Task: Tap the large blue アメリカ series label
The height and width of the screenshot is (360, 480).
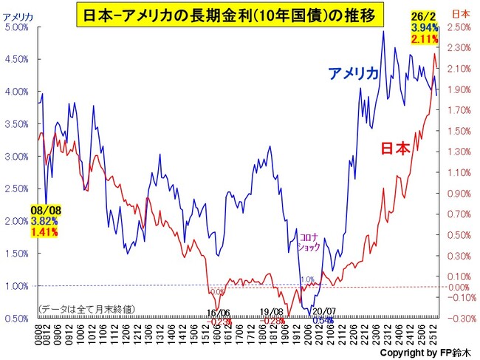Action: click(354, 73)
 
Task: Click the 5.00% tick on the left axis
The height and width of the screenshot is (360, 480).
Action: click(17, 27)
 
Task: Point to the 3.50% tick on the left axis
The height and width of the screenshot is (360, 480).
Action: click(17, 124)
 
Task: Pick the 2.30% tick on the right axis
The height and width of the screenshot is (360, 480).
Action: click(459, 48)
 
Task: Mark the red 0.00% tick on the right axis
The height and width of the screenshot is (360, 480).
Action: click(459, 287)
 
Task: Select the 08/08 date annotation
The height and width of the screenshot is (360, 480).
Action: click(45, 210)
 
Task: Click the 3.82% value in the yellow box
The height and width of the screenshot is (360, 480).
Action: click(45, 220)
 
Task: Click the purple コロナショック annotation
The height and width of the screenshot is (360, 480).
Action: click(309, 242)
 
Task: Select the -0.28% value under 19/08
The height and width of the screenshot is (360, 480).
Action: click(273, 322)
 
